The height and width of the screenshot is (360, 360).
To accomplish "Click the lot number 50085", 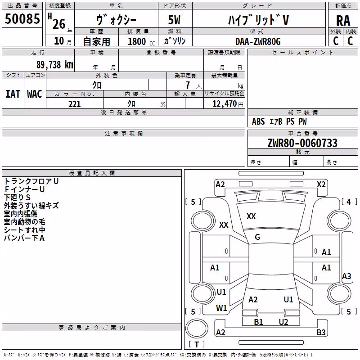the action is click(22, 19).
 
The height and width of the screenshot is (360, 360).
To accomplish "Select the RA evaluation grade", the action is click(343, 21).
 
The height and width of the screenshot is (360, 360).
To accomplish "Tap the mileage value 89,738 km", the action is click(54, 65).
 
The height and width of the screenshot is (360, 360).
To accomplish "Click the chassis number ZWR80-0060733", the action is click(302, 143).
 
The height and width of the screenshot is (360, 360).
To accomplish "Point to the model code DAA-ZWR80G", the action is click(258, 41).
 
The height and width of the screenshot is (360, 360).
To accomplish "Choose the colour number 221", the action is click(75, 104).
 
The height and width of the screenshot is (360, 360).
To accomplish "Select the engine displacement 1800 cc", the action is click(141, 41).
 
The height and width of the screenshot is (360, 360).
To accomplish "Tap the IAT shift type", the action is click(13, 94).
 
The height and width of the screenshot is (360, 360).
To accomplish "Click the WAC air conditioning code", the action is click(35, 94).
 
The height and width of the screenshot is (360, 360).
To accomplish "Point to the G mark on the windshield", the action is click(257, 237).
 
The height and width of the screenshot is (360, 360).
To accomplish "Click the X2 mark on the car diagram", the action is click(321, 184).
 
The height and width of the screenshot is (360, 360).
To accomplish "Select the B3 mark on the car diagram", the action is click(321, 332).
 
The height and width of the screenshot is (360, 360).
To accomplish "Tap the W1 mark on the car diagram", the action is click(221, 308).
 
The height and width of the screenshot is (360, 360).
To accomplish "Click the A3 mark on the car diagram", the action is click(346, 276).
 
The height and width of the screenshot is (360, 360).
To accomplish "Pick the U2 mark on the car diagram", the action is click(283, 322).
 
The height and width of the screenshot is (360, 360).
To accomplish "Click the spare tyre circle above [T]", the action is click(197, 328).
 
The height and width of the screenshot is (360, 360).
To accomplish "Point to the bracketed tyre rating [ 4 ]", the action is click(349, 202).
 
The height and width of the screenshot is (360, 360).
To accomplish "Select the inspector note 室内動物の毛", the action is click(25, 222).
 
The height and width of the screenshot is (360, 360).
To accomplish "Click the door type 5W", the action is click(174, 20).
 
